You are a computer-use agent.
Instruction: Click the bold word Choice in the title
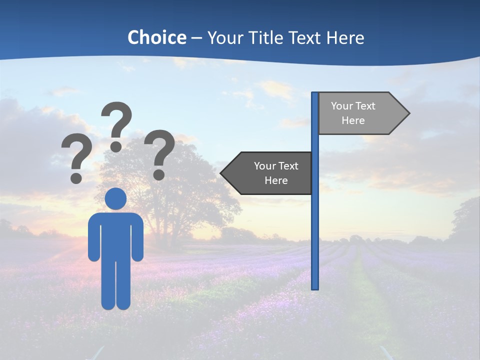[156, 37]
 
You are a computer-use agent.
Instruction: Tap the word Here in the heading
[345, 37]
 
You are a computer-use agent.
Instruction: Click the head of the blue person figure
[115, 198]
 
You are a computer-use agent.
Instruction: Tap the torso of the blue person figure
[115, 235]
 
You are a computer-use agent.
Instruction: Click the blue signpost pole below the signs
[315, 240]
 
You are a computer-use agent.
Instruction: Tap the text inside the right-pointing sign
[353, 113]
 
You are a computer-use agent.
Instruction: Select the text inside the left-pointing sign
[276, 173]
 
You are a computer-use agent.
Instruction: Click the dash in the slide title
[196, 38]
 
